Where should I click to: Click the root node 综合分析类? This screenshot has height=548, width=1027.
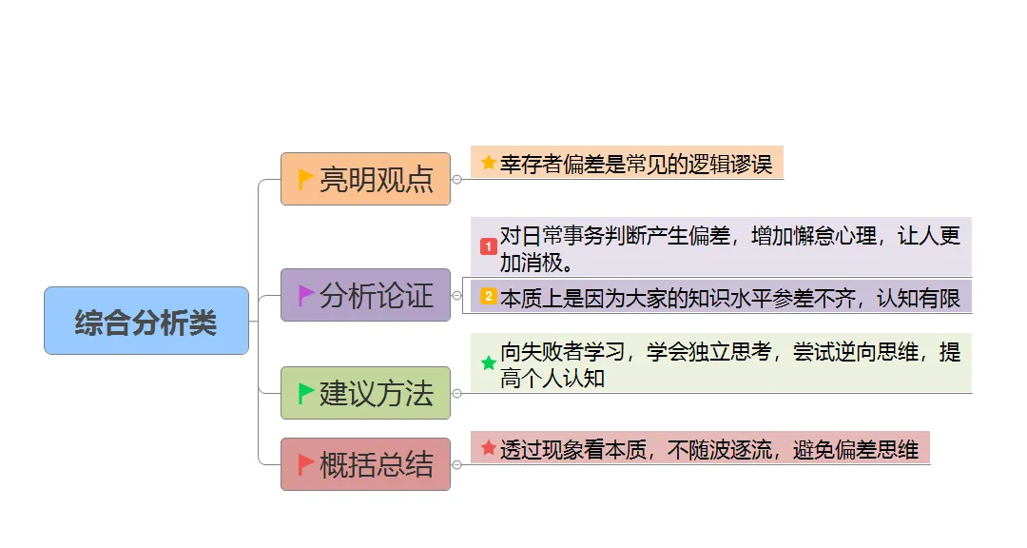coord(146,322)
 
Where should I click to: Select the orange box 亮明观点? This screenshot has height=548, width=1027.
coord(365,179)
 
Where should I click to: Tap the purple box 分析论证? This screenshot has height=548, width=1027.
coord(365,295)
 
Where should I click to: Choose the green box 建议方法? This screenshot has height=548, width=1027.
coord(365,393)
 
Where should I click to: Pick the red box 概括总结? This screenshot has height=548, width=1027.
coord(365,464)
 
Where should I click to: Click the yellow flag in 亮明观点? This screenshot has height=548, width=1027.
coord(306,178)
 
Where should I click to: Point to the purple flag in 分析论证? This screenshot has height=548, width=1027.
coord(306,295)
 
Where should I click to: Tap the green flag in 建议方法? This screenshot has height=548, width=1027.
coord(306,393)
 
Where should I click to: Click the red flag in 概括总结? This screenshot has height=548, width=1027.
coord(306,464)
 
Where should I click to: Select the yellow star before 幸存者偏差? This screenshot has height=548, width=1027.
coord(489,163)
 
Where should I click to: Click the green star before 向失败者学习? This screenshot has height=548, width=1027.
coord(489,362)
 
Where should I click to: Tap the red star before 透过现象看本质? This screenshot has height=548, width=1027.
coord(489,448)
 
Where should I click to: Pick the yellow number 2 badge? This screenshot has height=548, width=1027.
coord(489,297)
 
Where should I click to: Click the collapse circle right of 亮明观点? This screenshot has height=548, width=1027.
coord(457,179)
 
